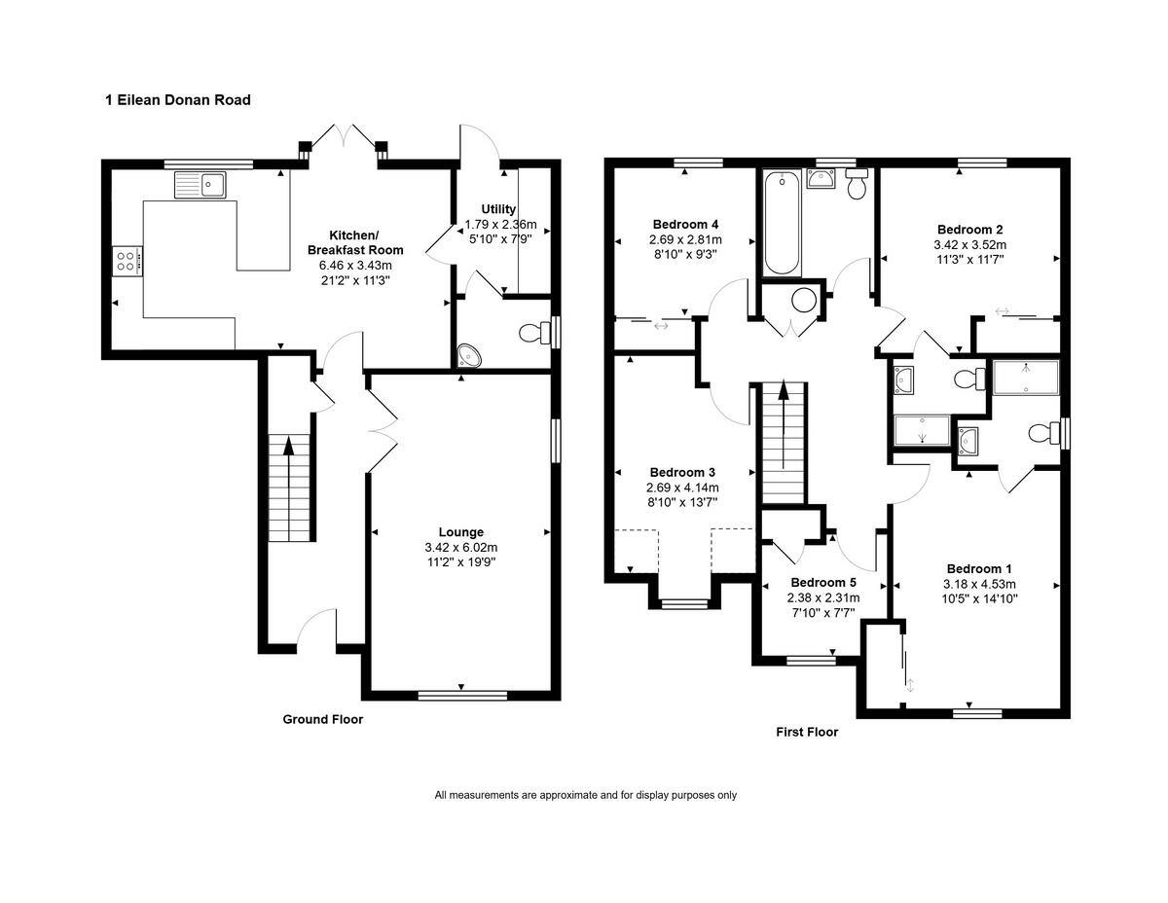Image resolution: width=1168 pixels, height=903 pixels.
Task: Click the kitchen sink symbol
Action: pos(200,185)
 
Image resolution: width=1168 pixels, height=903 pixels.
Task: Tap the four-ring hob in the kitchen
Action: pos(128,261)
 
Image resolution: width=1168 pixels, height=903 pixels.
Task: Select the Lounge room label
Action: pos(461,532)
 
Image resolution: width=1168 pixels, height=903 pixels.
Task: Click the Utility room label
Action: pos(498,209)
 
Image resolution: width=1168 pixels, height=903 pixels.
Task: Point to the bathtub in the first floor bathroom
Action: pos(781,223)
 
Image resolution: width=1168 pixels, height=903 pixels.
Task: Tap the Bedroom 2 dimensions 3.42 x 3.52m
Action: pos(969,245)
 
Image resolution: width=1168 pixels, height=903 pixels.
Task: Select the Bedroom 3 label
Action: pos(682,472)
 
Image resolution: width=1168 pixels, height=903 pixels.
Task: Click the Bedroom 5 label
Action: pos(822,582)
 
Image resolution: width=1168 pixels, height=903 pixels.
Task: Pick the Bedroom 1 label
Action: pos(979,568)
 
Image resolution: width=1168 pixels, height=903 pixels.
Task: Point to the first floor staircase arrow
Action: pos(784,423)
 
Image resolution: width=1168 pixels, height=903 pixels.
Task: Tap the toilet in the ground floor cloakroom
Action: pos(535,333)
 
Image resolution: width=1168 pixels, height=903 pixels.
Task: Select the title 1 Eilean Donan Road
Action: pos(178,100)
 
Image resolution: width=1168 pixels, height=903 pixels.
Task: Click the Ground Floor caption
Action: pos(323,719)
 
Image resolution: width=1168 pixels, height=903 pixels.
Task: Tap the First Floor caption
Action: pos(807,732)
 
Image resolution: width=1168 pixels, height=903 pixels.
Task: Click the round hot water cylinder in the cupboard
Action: pos(804,301)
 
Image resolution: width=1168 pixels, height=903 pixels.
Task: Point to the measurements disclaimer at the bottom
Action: pos(585,795)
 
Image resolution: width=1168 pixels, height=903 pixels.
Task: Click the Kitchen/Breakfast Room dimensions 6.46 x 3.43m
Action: pos(355,265)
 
